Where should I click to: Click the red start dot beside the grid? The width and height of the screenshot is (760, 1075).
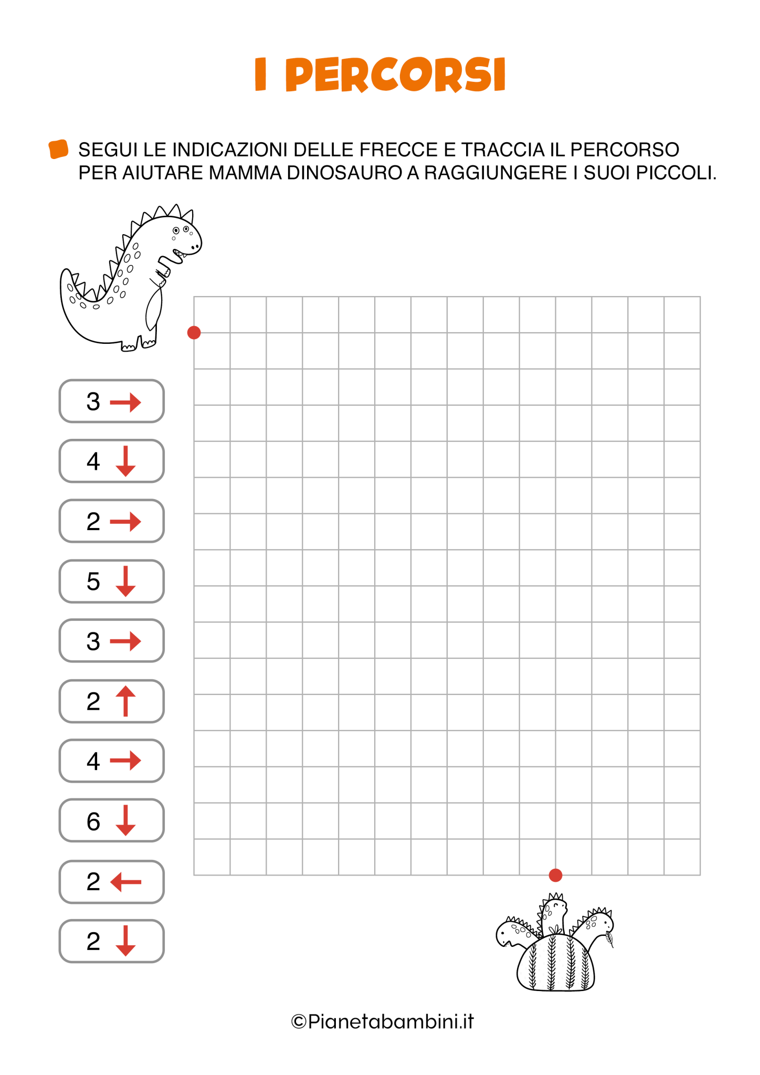(x=194, y=332)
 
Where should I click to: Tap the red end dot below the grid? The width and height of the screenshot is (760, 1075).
(x=555, y=875)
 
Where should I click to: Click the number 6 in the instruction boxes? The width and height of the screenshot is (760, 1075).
(x=93, y=821)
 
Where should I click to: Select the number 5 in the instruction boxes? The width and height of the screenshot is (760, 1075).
(x=93, y=582)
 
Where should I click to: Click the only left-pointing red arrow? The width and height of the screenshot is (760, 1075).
(x=126, y=882)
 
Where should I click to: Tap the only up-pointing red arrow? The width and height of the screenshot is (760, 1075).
(x=125, y=701)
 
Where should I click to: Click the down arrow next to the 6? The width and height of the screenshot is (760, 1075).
(x=125, y=820)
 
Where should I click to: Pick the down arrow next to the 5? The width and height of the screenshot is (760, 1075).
(x=125, y=581)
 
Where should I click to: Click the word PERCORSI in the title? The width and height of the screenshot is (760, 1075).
(x=395, y=75)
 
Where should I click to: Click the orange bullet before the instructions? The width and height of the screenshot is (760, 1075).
(x=58, y=149)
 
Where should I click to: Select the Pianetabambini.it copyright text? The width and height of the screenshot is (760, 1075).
(x=383, y=1021)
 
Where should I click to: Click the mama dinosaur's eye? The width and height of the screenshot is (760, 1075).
(x=176, y=230)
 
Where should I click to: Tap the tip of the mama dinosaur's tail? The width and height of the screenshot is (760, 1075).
(x=66, y=271)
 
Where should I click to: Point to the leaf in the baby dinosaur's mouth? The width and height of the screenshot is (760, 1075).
(x=610, y=938)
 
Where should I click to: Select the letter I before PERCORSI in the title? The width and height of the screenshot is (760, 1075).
(x=260, y=75)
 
